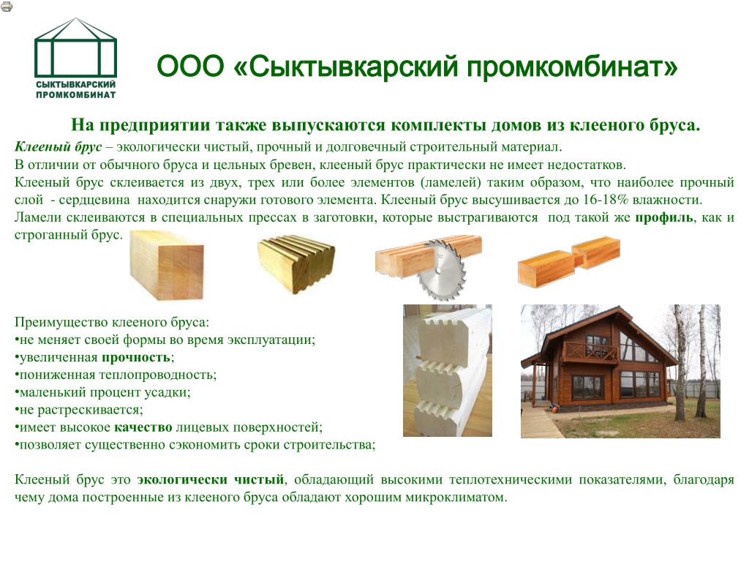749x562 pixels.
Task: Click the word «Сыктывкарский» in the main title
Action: (353, 67)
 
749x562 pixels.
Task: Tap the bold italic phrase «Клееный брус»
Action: (58, 146)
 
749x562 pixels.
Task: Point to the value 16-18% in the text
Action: (604, 200)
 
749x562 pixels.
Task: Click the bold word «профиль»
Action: (664, 217)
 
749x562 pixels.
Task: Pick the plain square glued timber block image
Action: (166, 266)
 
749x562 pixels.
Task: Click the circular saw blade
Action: (441, 271)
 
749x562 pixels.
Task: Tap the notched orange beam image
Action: (569, 262)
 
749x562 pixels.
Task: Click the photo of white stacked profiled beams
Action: (448, 370)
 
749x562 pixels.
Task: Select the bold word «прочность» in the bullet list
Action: (135, 357)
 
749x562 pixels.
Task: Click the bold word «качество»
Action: (143, 427)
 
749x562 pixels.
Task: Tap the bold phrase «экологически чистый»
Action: (210, 480)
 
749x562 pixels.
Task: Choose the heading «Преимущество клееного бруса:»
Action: (112, 323)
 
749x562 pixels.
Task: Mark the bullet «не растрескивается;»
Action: (79, 410)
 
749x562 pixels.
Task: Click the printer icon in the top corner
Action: (7, 6)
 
